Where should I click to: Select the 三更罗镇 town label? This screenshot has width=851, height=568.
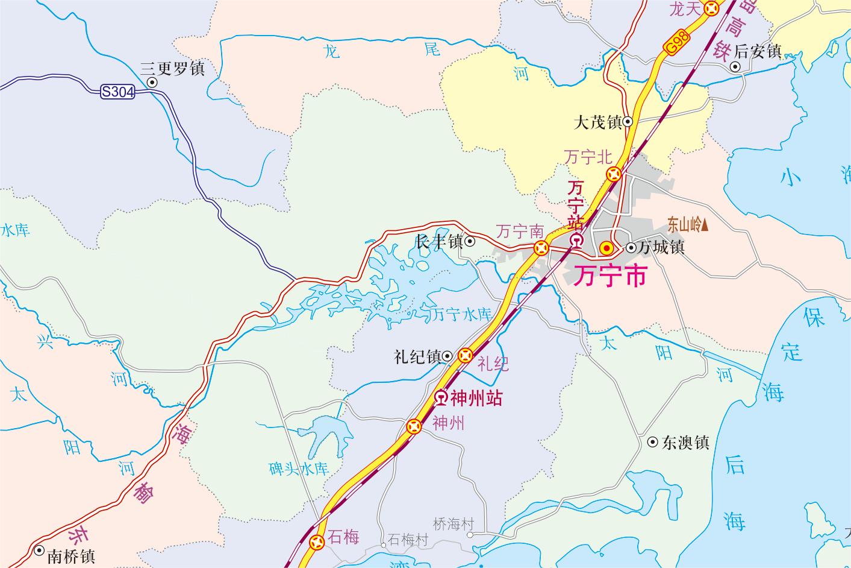(x=172, y=68)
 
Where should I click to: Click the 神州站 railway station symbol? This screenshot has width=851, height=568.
(x=441, y=398)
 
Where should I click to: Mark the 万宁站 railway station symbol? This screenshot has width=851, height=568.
(x=576, y=242)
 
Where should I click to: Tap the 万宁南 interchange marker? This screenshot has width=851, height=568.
(x=541, y=247)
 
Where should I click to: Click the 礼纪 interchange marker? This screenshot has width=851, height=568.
(x=466, y=356)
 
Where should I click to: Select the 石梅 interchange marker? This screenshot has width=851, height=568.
(x=317, y=543)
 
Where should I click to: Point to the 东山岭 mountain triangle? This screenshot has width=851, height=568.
(x=705, y=226)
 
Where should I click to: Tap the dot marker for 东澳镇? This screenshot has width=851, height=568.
(x=652, y=443)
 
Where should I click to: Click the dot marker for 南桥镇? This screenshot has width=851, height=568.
(x=39, y=550)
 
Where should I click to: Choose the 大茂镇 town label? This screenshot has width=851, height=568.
(x=597, y=123)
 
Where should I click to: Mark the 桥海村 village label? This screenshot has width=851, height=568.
(x=454, y=524)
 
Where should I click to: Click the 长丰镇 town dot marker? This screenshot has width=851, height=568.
(x=470, y=242)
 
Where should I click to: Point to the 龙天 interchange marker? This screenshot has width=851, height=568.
(x=712, y=8)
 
